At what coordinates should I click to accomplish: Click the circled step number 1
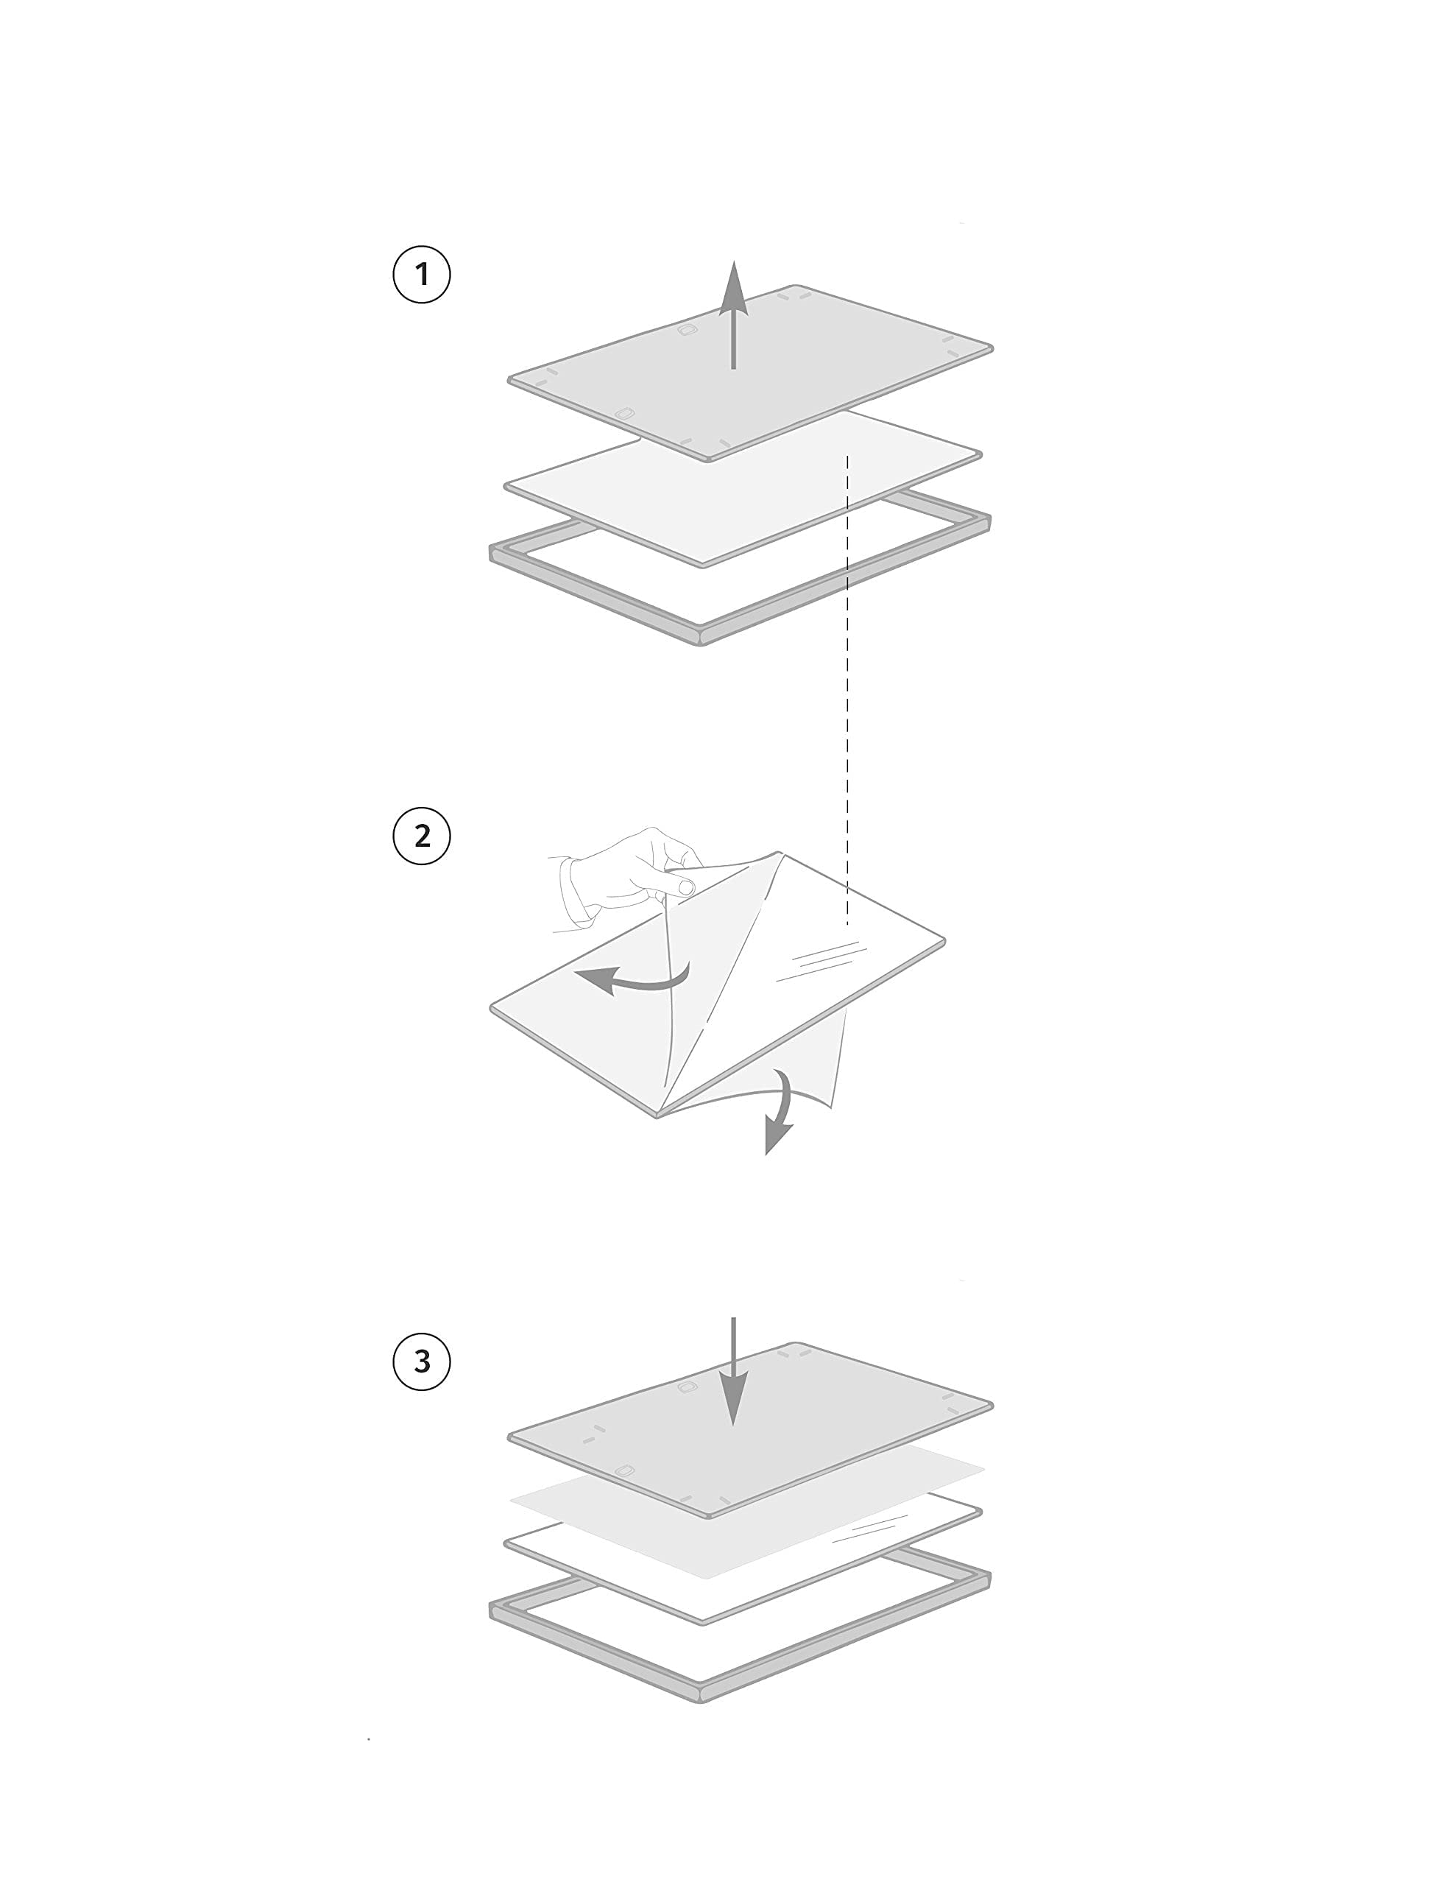click(421, 275)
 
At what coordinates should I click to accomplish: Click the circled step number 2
click(421, 836)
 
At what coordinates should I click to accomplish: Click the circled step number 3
click(421, 1361)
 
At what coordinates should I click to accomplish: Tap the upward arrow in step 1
click(734, 315)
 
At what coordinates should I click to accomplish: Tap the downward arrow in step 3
click(734, 1372)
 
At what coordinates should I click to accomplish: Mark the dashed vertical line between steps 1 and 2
click(847, 691)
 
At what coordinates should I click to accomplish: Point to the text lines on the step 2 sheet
click(821, 961)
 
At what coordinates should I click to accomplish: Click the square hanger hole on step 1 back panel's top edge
click(687, 330)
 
